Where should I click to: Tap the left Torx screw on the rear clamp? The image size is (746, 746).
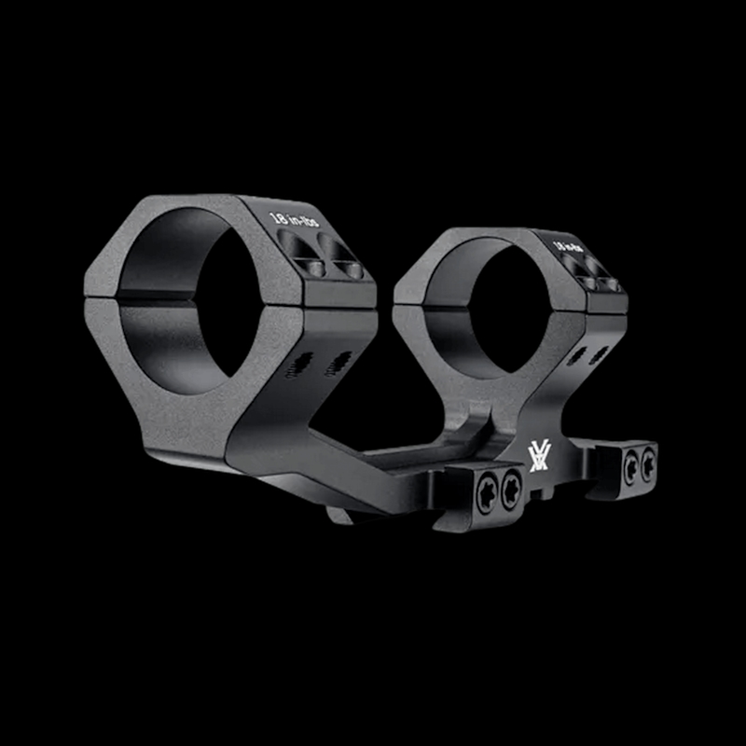click(630, 463)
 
